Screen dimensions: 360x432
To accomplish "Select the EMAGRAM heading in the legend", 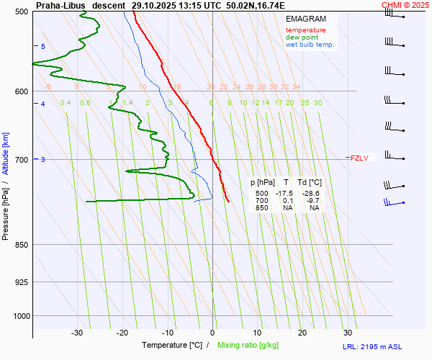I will [x=305, y=19].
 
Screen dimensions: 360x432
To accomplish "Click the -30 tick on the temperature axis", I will [x=77, y=333].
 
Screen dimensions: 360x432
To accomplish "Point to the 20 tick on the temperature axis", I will [x=302, y=333].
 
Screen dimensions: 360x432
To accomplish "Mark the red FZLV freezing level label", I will [x=358, y=158].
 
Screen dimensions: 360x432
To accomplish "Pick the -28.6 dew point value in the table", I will [x=311, y=194].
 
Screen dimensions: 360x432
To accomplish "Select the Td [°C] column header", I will [x=310, y=183].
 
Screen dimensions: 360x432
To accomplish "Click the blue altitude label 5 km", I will [x=42, y=47].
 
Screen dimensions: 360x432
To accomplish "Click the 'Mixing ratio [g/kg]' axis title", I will [x=250, y=346].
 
